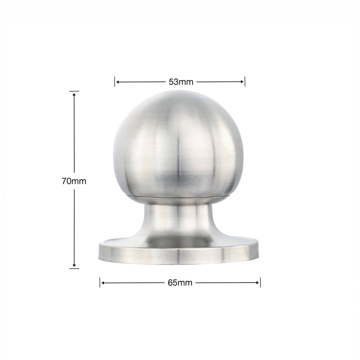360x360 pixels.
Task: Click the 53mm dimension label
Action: (181, 82)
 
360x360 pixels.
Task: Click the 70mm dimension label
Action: (74, 181)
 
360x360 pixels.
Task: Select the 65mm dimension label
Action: (180, 283)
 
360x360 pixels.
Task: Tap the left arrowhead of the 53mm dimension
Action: (118, 82)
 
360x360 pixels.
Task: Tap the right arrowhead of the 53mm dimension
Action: (242, 82)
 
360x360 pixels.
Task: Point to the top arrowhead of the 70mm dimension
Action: (74, 94)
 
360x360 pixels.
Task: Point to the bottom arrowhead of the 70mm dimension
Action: (74, 265)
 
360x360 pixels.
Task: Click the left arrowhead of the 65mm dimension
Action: (103, 283)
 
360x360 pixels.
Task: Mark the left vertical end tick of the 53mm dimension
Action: (115, 82)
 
